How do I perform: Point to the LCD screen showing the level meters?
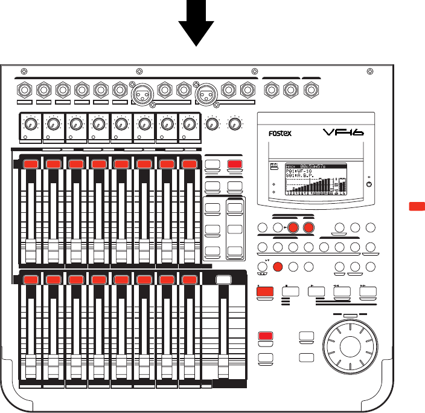pyautogui.click(x=308, y=178)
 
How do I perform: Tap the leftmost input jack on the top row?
pyautogui.click(x=25, y=91)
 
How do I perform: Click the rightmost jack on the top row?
pyautogui.click(x=311, y=91)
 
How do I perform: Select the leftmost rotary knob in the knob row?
pyautogui.click(x=30, y=124)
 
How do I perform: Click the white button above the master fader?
pyautogui.click(x=224, y=279)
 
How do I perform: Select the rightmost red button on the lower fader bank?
pyautogui.click(x=190, y=279)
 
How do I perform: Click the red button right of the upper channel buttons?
pyautogui.click(x=234, y=164)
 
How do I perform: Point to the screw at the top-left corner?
pyautogui.click(x=24, y=70)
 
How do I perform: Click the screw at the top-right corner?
pyautogui.click(x=369, y=70)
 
